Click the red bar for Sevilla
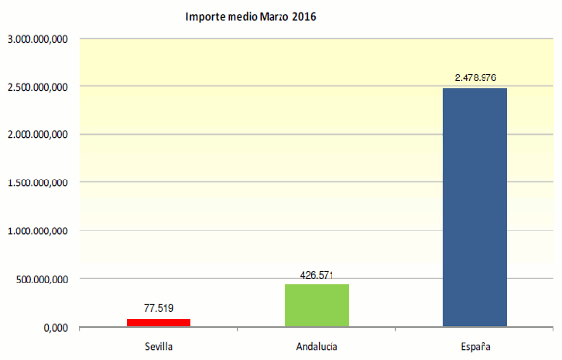point(158,321)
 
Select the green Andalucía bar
point(317,304)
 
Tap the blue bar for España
point(475,206)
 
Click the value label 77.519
point(159,308)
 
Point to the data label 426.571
point(317,275)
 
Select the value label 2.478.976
point(476,77)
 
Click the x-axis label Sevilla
point(158,347)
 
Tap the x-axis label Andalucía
point(317,347)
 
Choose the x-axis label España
point(475,347)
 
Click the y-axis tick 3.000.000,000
point(36,39)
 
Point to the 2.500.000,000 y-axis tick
point(36,87)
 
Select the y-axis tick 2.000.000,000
point(36,135)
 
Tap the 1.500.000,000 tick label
point(36,183)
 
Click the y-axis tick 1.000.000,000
point(36,231)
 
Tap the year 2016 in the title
point(316,17)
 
